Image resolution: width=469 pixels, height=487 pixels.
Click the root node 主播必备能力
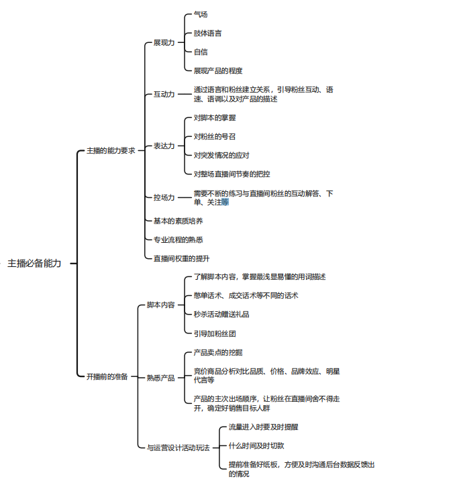pos(34,264)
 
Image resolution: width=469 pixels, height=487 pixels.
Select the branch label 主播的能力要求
pos(111,151)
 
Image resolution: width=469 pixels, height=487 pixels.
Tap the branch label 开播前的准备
pos(107,377)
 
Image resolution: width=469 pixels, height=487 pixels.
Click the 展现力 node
pos(164,42)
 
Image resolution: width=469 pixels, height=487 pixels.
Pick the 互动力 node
pos(164,94)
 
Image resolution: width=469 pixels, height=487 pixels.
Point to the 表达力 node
pos(164,146)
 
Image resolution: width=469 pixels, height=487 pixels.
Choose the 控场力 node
pos(164,197)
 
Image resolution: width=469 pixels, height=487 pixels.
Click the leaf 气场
pos(201,14)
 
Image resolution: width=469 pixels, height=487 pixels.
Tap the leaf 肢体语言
pos(207,34)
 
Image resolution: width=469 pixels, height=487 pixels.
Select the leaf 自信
pos(201,52)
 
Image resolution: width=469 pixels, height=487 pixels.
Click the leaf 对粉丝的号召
pos(215,137)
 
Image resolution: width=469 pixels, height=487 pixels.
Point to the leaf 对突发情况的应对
pos(221,156)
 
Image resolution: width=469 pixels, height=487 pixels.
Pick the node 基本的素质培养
pos(178,221)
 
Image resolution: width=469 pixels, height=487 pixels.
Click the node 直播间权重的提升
pos(182,258)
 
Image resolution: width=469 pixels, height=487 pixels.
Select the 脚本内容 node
pos(160,305)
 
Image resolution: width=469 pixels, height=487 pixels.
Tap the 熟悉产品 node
pos(160,378)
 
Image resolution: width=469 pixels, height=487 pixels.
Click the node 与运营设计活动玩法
pos(178,448)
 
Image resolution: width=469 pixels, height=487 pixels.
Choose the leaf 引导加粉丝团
pos(215,333)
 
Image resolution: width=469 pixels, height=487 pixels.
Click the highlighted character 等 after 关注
pos(225,202)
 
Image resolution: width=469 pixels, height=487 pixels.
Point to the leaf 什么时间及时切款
pos(256,445)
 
